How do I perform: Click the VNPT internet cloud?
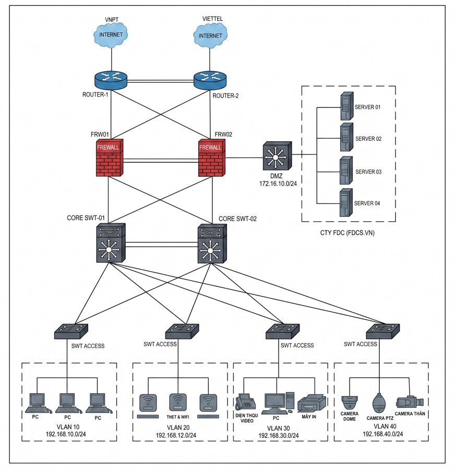pyautogui.click(x=111, y=35)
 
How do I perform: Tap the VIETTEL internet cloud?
pyautogui.click(x=210, y=35)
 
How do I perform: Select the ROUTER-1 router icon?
pyautogui.click(x=111, y=80)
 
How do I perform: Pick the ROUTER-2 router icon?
pyautogui.click(x=210, y=80)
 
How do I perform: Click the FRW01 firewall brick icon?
pyautogui.click(x=110, y=158)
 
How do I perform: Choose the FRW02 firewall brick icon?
pyautogui.click(x=211, y=158)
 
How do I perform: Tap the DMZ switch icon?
pyautogui.click(x=277, y=155)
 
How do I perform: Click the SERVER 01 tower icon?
pyautogui.click(x=346, y=106)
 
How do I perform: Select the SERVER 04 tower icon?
pyautogui.click(x=346, y=203)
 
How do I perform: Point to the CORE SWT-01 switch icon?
pyautogui.click(x=111, y=243)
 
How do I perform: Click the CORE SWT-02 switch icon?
pyautogui.click(x=212, y=244)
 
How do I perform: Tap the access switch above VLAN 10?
pyautogui.click(x=71, y=331)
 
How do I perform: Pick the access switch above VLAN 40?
pyautogui.click(x=383, y=331)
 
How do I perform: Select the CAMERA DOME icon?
pyautogui.click(x=350, y=403)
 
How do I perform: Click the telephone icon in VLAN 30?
pyautogui.click(x=245, y=402)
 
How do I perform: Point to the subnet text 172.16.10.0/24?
pyautogui.click(x=278, y=184)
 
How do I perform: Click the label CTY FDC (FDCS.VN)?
pyautogui.click(x=347, y=233)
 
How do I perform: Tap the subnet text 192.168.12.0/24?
pyautogui.click(x=176, y=435)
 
